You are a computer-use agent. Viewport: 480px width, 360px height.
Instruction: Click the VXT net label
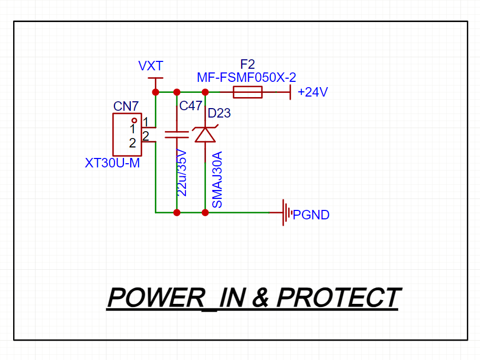pyautogui.click(x=151, y=66)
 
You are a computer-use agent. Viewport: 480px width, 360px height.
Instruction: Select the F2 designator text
pyautogui.click(x=247, y=65)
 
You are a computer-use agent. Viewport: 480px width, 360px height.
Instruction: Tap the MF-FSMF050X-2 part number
pyautogui.click(x=246, y=78)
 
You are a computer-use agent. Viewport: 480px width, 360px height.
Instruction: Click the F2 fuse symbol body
pyautogui.click(x=247, y=93)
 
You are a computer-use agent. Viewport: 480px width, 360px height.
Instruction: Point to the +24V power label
pyautogui.click(x=312, y=93)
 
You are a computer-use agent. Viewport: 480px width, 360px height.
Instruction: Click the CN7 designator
pyautogui.click(x=126, y=107)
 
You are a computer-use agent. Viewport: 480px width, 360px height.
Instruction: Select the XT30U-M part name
pyautogui.click(x=112, y=163)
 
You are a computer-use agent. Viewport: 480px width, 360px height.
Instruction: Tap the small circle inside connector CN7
pyautogui.click(x=134, y=121)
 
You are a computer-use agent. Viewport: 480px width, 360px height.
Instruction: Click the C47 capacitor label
pyautogui.click(x=191, y=107)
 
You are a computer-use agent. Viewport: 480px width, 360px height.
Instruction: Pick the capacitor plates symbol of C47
pyautogui.click(x=176, y=134)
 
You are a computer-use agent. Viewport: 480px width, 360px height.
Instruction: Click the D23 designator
pyautogui.click(x=219, y=113)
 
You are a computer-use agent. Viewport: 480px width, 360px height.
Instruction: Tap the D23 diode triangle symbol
pyautogui.click(x=205, y=134)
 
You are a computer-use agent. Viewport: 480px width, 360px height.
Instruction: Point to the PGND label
pyautogui.click(x=311, y=215)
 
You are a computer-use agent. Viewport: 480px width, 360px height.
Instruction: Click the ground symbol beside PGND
pyautogui.click(x=286, y=213)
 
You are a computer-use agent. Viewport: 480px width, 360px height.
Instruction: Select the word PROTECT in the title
pyautogui.click(x=338, y=298)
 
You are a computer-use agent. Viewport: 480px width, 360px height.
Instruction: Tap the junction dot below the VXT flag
pyautogui.click(x=155, y=92)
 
